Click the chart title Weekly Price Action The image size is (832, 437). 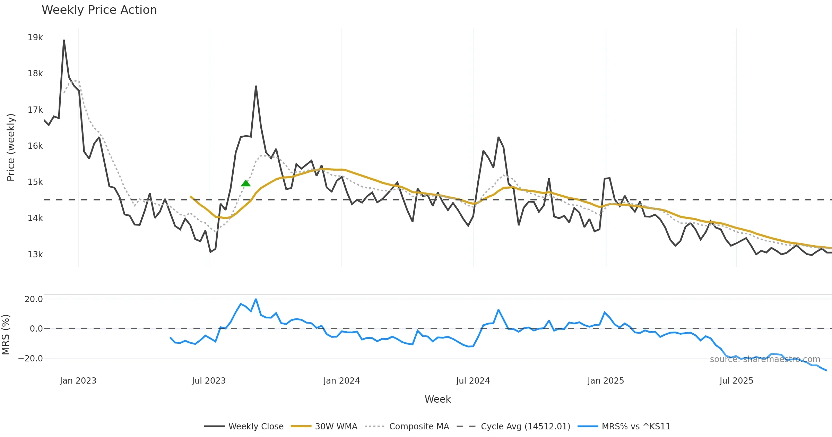[x=99, y=10]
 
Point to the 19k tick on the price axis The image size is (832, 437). [x=35, y=37]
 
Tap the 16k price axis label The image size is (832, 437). [x=35, y=146]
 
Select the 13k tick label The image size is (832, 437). [x=35, y=255]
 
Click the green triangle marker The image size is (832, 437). [x=246, y=183]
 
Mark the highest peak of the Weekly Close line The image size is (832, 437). [x=64, y=40]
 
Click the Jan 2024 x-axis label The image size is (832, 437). [x=341, y=381]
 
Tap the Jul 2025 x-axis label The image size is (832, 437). [x=736, y=381]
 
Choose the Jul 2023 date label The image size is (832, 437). [x=209, y=381]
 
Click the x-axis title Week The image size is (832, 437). [x=437, y=400]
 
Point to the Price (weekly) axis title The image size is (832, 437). [x=11, y=147]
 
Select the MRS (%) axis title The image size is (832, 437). [x=6, y=335]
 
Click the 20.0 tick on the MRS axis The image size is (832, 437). [x=34, y=299]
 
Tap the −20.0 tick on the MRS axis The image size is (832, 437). [x=31, y=359]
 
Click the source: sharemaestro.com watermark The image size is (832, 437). [x=765, y=359]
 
